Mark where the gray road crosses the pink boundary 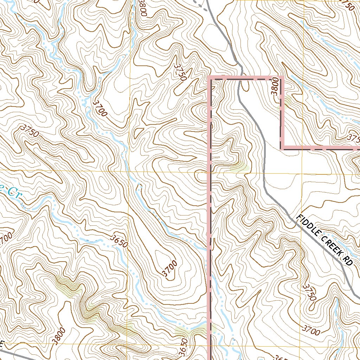point(240,78)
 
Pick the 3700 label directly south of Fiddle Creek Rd point(311,331)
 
